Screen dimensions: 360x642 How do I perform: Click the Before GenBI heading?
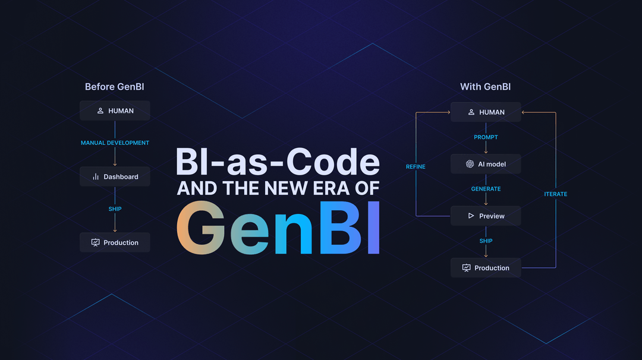point(114,87)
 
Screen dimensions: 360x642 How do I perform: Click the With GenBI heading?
point(485,87)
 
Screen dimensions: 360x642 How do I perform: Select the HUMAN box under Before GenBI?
point(115,110)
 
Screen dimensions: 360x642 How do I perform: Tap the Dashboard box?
point(115,176)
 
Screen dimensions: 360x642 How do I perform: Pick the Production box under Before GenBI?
point(115,242)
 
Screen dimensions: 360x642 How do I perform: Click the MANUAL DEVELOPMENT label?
point(115,143)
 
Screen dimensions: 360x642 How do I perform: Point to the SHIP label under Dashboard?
point(115,209)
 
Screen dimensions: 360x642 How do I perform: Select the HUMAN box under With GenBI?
point(486,112)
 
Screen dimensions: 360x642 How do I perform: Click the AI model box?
point(486,164)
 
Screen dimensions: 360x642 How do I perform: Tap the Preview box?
point(486,216)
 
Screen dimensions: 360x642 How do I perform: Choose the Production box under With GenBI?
point(486,268)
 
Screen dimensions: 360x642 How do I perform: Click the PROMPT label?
point(486,137)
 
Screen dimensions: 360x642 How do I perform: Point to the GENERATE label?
point(486,189)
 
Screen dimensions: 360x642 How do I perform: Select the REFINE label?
point(416,167)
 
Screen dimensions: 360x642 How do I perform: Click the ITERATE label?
point(555,194)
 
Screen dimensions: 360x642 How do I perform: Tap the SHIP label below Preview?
point(486,241)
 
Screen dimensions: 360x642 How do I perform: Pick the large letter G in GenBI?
point(201,228)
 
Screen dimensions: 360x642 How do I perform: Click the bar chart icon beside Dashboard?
point(96,176)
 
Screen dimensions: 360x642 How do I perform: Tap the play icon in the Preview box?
point(471,216)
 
